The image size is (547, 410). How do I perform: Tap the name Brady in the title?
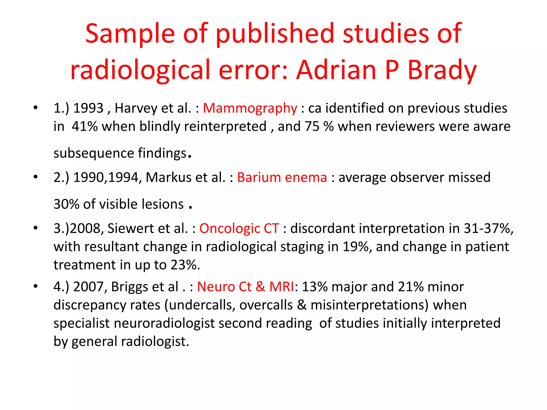[442, 70]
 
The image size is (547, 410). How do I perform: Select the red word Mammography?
[250, 108]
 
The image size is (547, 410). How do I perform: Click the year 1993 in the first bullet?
[88, 108]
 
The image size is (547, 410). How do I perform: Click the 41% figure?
[85, 127]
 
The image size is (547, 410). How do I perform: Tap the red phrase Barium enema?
[282, 178]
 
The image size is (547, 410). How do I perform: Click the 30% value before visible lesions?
[67, 204]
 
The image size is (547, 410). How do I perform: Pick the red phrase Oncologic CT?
[239, 228]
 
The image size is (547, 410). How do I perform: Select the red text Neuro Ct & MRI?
[245, 287]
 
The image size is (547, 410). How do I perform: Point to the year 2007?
[90, 287]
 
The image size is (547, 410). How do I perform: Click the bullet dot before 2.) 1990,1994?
[36, 177]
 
